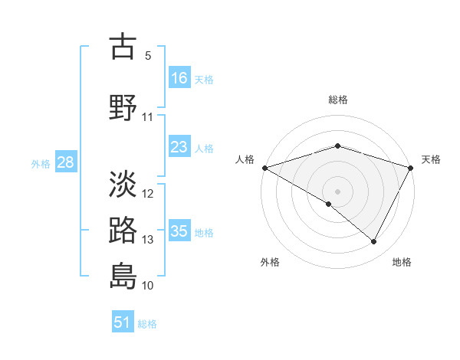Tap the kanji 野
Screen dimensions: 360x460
[x=123, y=107]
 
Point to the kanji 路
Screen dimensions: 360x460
[x=123, y=230]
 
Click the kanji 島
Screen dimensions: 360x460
[x=123, y=276]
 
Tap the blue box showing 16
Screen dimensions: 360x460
[x=179, y=77]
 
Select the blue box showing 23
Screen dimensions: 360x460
[x=179, y=147]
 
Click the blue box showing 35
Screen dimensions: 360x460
[x=179, y=231]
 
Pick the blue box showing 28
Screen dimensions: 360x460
[x=65, y=162]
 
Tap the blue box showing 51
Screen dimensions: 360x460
[x=123, y=322]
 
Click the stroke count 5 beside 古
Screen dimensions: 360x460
[x=148, y=56]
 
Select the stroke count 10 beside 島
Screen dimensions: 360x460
[x=148, y=286]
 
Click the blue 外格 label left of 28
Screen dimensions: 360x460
[x=41, y=163]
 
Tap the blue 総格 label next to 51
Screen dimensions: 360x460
[x=147, y=324]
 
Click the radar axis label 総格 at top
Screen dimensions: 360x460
[x=338, y=100]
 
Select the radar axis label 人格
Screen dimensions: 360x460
[x=245, y=159]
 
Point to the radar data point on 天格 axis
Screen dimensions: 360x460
[x=412, y=168]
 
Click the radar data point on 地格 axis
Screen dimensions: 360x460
[x=374, y=242]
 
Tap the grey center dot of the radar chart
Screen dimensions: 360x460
[x=338, y=191]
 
